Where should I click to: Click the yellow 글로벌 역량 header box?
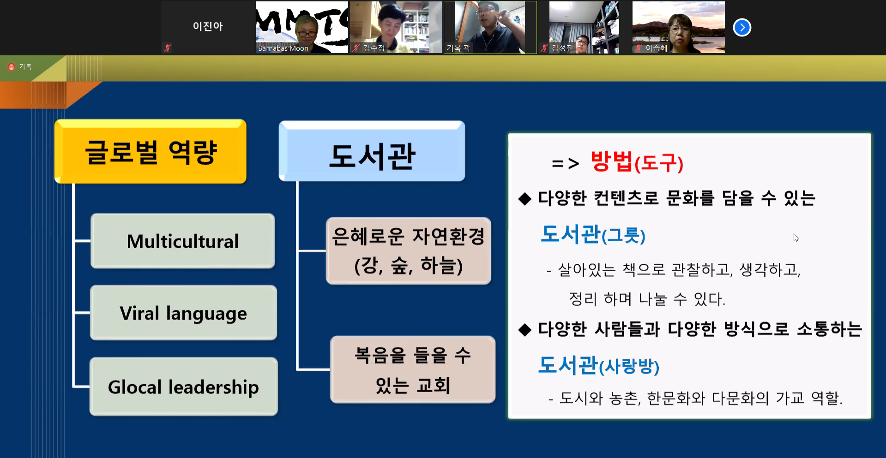pos(151,152)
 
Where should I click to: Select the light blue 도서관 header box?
pos(372,152)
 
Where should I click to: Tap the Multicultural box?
pos(183,241)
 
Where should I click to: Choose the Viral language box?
pos(183,313)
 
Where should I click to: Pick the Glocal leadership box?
pos(183,387)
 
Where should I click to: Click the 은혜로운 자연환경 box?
pos(408,251)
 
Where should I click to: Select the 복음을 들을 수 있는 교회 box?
pos(413,370)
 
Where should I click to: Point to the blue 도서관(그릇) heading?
pos(593,234)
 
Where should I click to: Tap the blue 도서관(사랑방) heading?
pos(598,366)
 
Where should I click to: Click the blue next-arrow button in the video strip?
pos(742,28)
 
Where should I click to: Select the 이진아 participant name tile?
pos(208,27)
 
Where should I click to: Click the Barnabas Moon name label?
pos(283,48)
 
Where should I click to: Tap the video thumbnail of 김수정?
pos(396,27)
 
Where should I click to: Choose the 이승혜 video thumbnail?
pos(678,27)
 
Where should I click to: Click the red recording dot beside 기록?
pos(12,67)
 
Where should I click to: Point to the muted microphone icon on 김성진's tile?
pos(545,48)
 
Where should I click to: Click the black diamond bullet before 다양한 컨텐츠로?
pos(525,199)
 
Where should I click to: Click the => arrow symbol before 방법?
pos(565,163)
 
